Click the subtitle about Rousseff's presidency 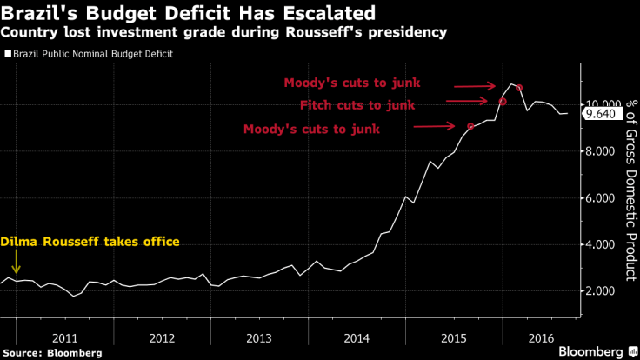(x=224, y=33)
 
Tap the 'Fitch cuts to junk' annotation (x=357, y=105)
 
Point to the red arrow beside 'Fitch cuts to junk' (x=471, y=103)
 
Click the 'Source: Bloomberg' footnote (x=50, y=353)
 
